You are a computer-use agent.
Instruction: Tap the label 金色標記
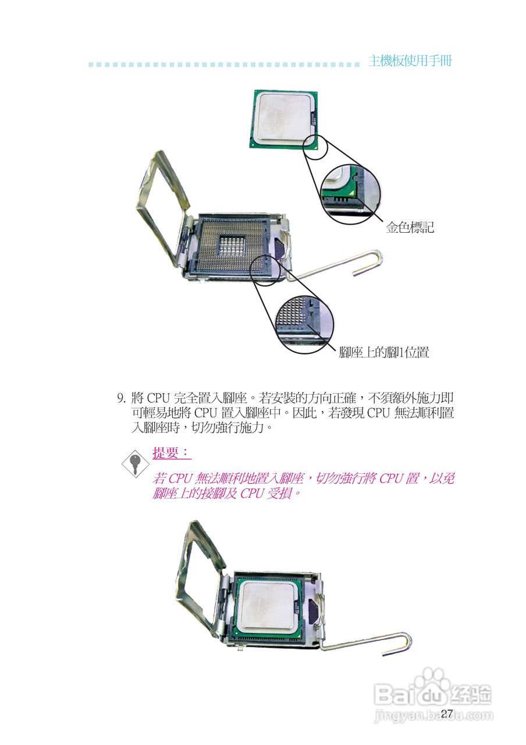pyautogui.click(x=410, y=228)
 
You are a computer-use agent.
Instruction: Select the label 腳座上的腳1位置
pyautogui.click(x=384, y=353)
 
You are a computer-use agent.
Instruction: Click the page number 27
pyautogui.click(x=447, y=714)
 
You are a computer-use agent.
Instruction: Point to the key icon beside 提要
pyautogui.click(x=134, y=463)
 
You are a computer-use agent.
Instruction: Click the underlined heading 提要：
pyautogui.click(x=171, y=453)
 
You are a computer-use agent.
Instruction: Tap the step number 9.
pyautogui.click(x=122, y=399)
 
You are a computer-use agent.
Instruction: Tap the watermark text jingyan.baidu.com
pyautogui.click(x=433, y=715)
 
